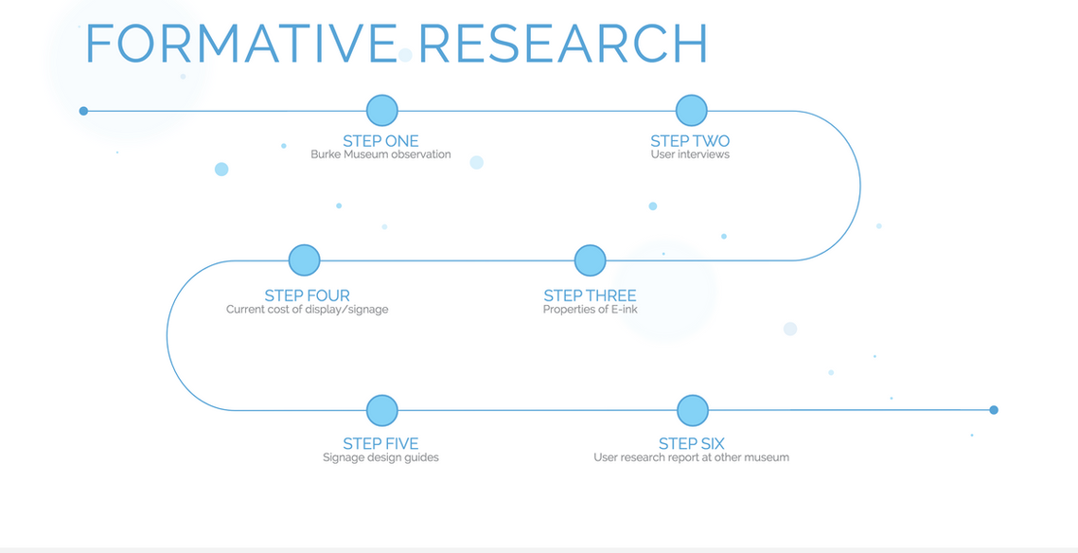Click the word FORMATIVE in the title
click(x=240, y=44)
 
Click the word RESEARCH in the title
click(x=563, y=44)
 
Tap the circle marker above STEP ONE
click(x=382, y=111)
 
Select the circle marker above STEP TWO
click(x=692, y=111)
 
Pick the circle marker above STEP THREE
click(x=590, y=260)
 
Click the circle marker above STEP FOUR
click(x=304, y=260)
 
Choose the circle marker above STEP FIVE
click(x=382, y=411)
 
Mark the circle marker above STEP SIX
click(x=692, y=411)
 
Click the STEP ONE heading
click(x=380, y=141)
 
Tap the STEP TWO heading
click(x=690, y=141)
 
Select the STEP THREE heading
click(x=590, y=295)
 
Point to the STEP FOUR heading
click(x=308, y=295)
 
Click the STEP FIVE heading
click(x=380, y=444)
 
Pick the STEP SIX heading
click(x=692, y=444)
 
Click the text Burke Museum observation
click(x=380, y=154)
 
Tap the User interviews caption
click(x=690, y=154)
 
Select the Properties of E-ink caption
click(x=590, y=310)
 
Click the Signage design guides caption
click(x=380, y=457)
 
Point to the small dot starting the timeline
click(x=84, y=111)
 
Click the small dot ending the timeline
click(x=994, y=410)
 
